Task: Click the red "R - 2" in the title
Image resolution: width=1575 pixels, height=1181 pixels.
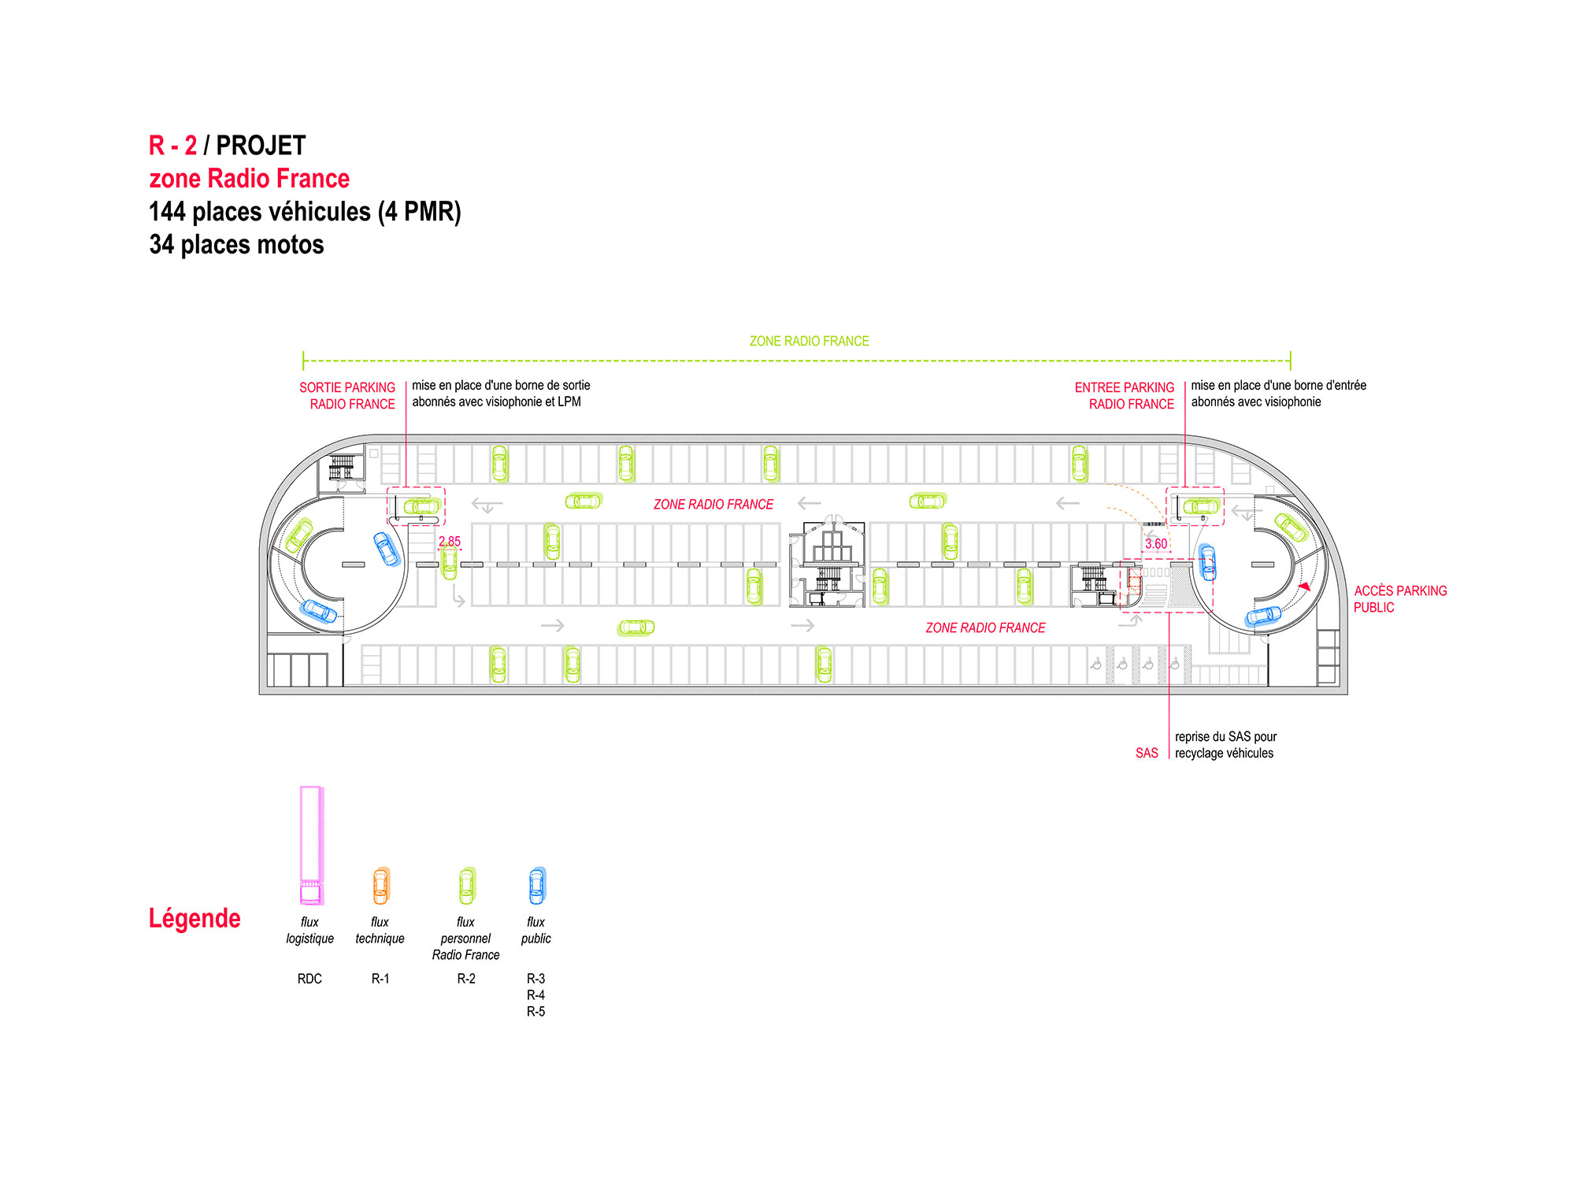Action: [x=172, y=146]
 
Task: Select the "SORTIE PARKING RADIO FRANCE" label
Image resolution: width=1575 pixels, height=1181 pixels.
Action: [x=347, y=396]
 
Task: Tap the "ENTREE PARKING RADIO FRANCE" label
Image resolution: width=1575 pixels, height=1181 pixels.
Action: [x=1125, y=396]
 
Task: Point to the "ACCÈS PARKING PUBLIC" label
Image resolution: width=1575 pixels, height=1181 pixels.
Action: [x=1400, y=599]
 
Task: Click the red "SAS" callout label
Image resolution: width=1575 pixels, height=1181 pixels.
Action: [x=1147, y=753]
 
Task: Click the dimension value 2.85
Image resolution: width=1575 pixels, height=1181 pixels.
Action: [x=450, y=542]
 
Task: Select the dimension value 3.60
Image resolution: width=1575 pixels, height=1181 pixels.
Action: [x=1156, y=544]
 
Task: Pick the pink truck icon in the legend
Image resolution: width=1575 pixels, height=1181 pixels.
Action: [x=311, y=845]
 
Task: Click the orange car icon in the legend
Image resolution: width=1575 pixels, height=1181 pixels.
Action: [x=381, y=886]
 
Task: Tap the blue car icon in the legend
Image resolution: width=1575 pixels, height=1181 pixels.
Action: [x=537, y=886]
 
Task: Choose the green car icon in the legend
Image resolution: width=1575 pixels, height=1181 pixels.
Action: [x=467, y=886]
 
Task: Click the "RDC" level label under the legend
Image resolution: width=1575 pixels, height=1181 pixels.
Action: [x=309, y=979]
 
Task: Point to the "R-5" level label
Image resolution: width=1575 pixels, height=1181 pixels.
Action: [x=535, y=1012]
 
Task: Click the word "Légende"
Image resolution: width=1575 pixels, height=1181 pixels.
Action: [x=195, y=919]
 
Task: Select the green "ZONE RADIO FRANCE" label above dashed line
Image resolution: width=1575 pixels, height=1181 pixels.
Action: [x=810, y=341]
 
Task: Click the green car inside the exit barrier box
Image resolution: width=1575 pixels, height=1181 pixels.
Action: [x=422, y=506]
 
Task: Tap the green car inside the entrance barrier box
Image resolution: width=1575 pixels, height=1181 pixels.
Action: [x=1201, y=506]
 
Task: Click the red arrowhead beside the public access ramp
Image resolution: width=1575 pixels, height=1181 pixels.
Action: [x=1305, y=587]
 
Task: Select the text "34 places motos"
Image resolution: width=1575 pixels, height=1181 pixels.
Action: [x=236, y=245]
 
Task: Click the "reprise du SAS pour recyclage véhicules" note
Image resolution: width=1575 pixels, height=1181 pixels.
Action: [x=1225, y=745]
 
